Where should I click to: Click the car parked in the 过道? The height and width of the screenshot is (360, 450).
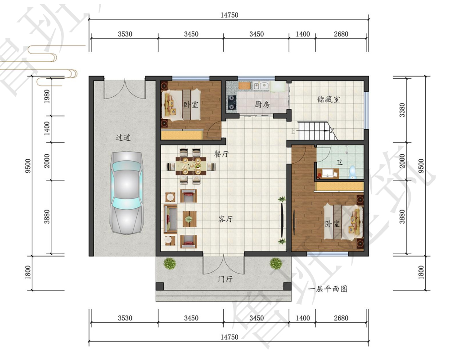[127, 193]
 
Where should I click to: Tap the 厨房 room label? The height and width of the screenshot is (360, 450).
[262, 104]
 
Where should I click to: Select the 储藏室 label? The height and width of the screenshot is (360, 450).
[328, 99]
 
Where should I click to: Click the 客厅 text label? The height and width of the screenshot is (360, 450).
[225, 219]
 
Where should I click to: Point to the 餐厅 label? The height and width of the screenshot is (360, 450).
[221, 153]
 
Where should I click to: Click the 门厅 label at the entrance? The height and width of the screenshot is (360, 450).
[225, 279]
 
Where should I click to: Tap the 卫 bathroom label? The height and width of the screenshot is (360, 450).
[339, 163]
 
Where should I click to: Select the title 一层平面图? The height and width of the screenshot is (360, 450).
[328, 288]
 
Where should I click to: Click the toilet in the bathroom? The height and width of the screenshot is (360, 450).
[352, 172]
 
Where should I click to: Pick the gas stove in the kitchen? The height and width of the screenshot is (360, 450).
[231, 103]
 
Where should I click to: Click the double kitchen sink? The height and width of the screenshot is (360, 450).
[261, 85]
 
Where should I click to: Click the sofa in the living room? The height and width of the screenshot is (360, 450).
[170, 218]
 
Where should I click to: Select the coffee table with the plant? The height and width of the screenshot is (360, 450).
[189, 219]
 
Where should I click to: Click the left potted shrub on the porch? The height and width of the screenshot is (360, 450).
[170, 263]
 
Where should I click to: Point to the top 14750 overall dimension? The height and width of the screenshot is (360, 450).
[229, 15]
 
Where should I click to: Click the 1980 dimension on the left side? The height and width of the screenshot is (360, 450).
[47, 96]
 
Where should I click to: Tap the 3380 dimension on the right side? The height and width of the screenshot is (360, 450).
[402, 110]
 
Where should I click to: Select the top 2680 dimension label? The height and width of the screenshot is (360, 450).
[341, 34]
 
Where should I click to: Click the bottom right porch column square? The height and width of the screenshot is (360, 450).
[287, 286]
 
